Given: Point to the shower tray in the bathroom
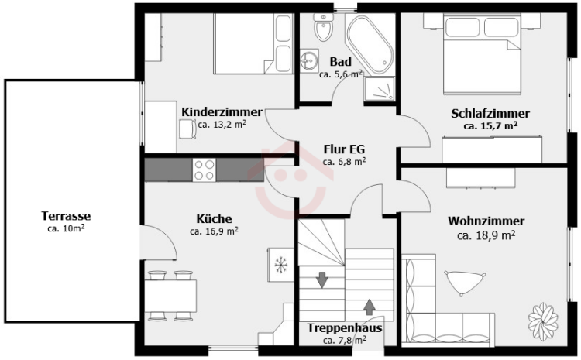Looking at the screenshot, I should (380, 89).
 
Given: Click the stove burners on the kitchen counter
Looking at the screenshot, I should (205, 170).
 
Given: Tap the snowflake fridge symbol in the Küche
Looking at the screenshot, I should (280, 264).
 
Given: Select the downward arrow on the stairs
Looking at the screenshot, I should (321, 279).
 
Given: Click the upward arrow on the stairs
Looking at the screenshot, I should (370, 307).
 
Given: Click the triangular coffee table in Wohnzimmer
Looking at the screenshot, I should (462, 282).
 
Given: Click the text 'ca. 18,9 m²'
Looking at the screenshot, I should (486, 235).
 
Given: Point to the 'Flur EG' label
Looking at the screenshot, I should (344, 149).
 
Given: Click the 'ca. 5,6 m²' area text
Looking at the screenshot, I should (342, 75).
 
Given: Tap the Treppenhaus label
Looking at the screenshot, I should (344, 327).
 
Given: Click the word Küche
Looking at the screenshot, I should (214, 218).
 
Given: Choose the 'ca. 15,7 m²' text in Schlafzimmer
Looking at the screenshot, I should (490, 125).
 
